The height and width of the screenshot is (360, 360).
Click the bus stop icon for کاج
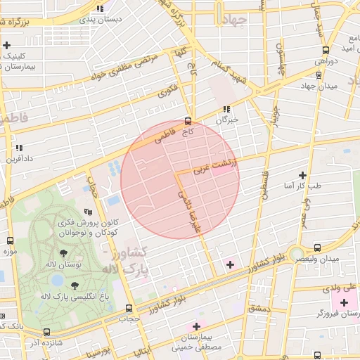click(187, 120)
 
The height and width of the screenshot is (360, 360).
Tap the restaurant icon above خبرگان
click(226, 109)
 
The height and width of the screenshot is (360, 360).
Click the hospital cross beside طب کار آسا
click(302, 174)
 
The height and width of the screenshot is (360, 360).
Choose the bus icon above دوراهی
click(325, 50)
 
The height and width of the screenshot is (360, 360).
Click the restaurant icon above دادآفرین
click(18, 148)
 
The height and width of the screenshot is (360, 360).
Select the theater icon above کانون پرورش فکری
click(88, 211)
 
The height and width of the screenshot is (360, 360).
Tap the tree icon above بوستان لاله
click(64, 252)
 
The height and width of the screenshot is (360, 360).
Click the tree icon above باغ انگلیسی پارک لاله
click(75, 285)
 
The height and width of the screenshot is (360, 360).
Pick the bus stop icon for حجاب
click(128, 308)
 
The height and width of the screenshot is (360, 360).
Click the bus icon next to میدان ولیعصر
click(317, 247)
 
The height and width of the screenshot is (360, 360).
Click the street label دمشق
click(258, 308)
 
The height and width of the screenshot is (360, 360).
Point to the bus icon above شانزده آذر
click(46, 332)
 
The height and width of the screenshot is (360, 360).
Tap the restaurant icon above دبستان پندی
click(101, 8)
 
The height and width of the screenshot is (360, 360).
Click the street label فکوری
click(167, 90)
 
